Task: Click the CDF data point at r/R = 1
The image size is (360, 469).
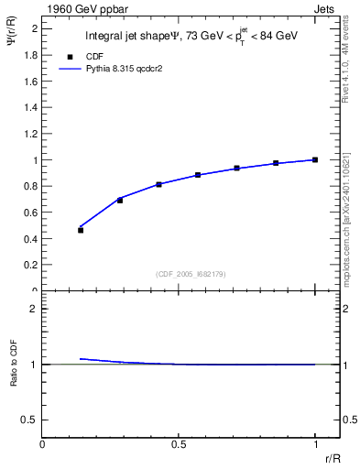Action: click(x=315, y=159)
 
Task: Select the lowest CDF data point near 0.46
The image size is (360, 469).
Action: click(x=81, y=230)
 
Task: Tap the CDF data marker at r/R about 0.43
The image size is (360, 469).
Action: click(x=158, y=184)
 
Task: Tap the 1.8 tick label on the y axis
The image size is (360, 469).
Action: click(x=30, y=55)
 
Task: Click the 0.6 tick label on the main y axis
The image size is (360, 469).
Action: click(x=30, y=213)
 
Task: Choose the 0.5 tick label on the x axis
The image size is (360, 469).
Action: click(x=179, y=445)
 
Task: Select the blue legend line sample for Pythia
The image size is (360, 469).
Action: click(x=71, y=69)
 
